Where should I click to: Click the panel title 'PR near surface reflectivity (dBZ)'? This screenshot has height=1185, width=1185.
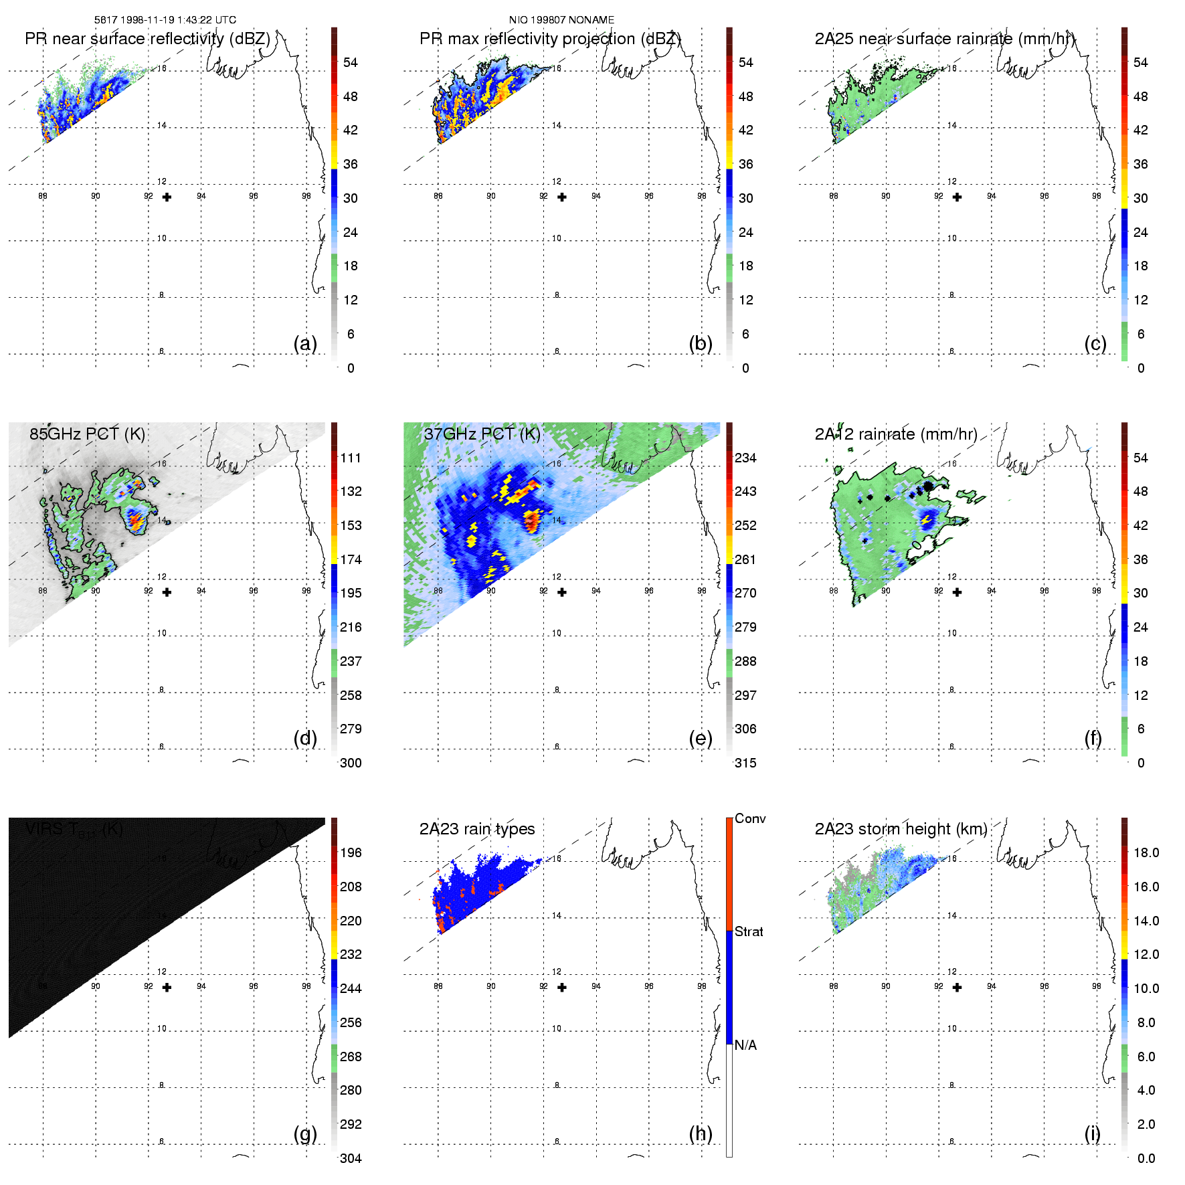[x=147, y=39]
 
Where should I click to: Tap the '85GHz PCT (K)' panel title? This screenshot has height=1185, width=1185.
[x=87, y=434]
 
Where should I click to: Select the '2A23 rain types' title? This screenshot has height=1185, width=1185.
[x=477, y=829]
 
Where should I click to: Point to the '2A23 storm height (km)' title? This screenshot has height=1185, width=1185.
[x=901, y=829]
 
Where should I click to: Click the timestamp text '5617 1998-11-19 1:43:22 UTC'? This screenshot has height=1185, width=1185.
[x=165, y=20]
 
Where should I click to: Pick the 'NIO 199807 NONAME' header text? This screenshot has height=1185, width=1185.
[x=561, y=20]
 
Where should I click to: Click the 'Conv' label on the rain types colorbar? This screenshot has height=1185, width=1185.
[x=750, y=818]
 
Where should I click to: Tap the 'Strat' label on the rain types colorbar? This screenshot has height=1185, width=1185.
[x=749, y=931]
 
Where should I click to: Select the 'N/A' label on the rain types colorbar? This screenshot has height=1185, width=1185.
[x=745, y=1045]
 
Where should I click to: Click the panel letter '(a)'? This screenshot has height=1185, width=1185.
[x=305, y=343]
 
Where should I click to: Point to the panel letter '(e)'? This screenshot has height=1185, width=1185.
[x=701, y=738]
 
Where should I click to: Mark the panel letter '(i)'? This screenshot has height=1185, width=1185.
[x=1092, y=1133]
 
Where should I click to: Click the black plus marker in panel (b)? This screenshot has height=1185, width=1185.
[x=562, y=197]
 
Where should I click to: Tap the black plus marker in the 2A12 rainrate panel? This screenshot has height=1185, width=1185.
[x=958, y=592]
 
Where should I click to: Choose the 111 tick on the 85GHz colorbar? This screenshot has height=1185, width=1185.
[x=351, y=458]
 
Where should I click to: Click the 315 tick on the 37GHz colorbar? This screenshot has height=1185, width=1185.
[x=745, y=763]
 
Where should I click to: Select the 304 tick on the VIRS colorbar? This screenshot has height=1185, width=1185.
[x=351, y=1158]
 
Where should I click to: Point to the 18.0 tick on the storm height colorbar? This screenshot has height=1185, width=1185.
[x=1146, y=852]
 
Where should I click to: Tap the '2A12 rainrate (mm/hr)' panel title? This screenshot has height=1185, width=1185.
[x=896, y=434]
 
